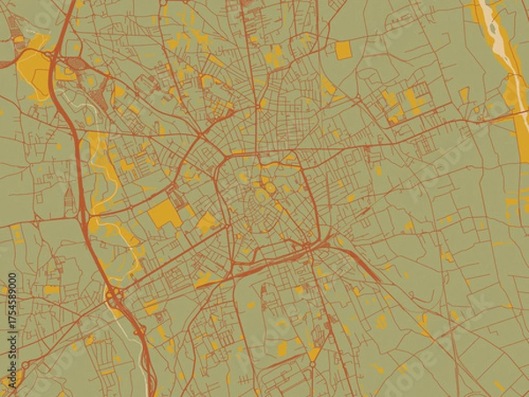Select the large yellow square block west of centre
point(164,213)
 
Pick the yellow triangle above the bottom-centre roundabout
point(314,354)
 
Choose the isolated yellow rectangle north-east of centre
point(343,51)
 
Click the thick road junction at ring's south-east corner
point(305,244)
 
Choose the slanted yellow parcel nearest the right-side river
point(464,94)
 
